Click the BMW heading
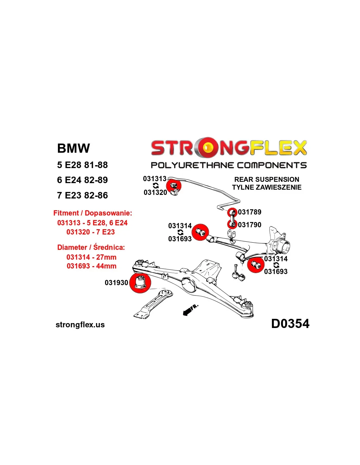73,148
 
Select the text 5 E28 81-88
82,165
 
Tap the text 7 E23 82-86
82,195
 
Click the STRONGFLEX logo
228,148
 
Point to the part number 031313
155,179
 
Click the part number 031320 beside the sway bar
155,192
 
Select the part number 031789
249,212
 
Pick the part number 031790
249,225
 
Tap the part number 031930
116,283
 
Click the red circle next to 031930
140,283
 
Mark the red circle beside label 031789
232,212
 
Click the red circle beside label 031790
232,224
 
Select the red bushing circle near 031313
173,186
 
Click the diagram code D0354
290,323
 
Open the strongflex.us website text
80,325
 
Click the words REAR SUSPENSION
267,179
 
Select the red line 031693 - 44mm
91,266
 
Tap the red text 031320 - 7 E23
90,232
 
